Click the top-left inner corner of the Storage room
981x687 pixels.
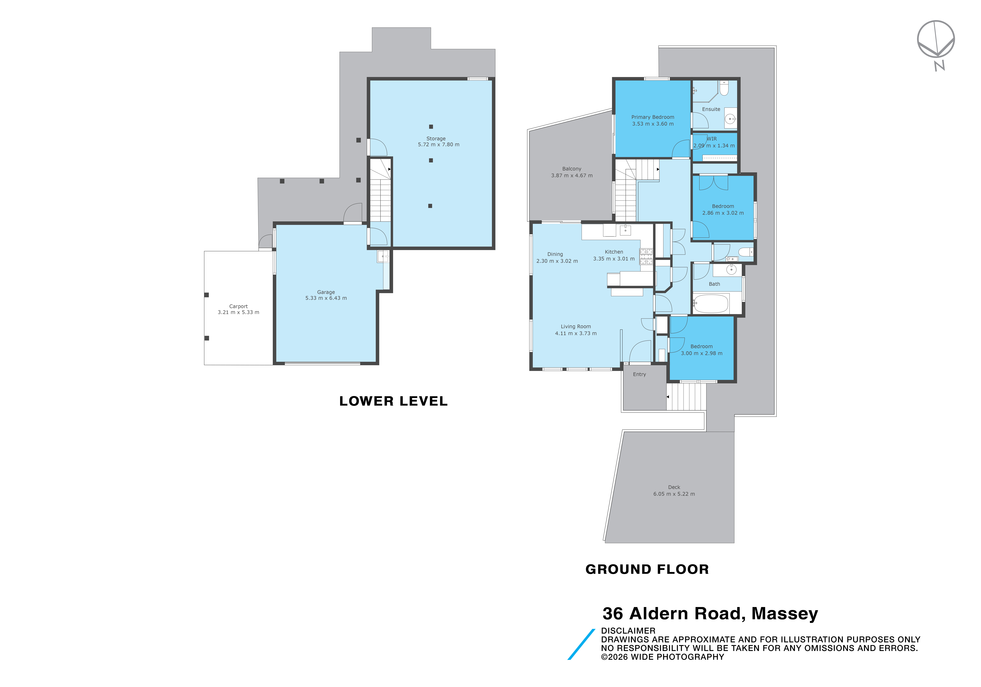tap(370, 80)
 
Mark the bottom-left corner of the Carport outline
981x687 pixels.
tap(204, 365)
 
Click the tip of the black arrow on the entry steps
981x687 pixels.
tap(667, 397)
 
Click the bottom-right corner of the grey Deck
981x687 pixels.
tap(734, 543)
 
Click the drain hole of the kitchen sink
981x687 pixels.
tap(625, 231)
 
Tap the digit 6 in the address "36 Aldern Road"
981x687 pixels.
tap(618, 614)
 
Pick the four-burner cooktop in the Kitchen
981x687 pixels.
tap(646, 256)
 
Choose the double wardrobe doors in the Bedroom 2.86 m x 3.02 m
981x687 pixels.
tap(714, 183)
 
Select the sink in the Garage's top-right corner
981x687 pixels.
tap(383, 256)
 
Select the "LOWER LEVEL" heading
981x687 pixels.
tap(394, 401)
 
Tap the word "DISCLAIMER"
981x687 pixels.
tap(628, 631)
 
